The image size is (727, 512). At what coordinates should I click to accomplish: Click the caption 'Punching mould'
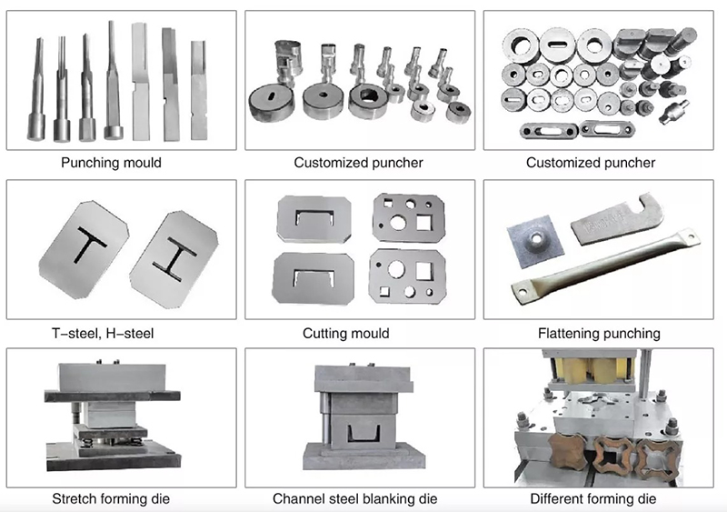[111, 164]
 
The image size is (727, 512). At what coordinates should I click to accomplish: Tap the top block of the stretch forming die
[111, 377]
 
